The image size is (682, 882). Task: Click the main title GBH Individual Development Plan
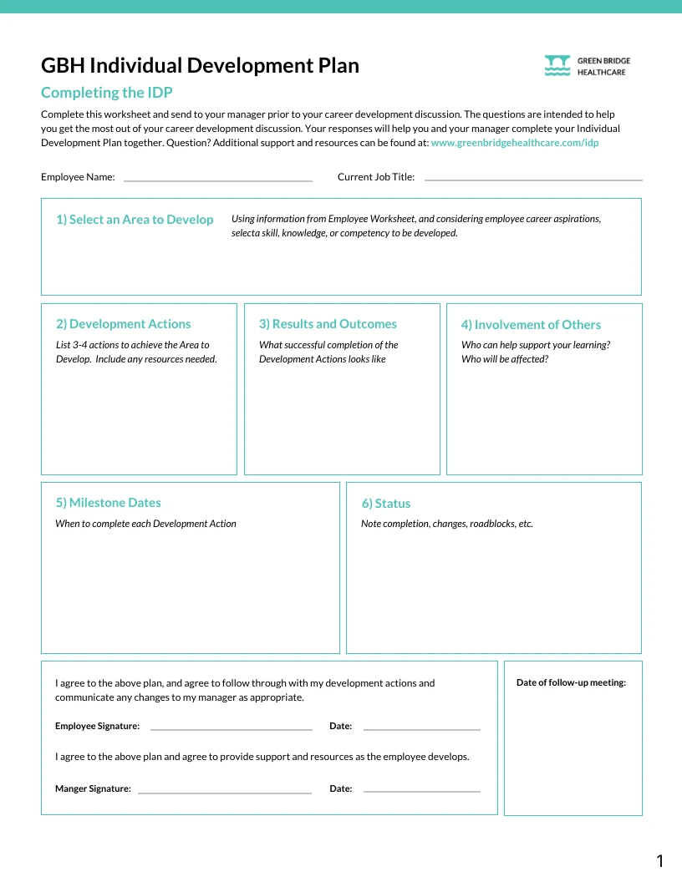[200, 65]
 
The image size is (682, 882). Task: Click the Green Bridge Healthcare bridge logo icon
[557, 66]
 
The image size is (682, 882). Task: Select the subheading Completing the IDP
[106, 93]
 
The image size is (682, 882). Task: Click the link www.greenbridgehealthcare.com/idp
[514, 143]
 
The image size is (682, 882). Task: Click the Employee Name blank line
[217, 180]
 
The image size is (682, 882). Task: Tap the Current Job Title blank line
[533, 179]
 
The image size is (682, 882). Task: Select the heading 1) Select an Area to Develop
[135, 220]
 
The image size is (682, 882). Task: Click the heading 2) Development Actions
[123, 324]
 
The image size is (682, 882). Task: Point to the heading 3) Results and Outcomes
[328, 324]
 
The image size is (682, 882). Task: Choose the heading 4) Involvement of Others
[531, 325]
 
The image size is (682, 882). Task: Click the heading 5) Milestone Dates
[108, 503]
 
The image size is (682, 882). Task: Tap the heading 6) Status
[385, 504]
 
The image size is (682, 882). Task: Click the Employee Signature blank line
[231, 728]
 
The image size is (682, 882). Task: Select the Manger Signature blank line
[224, 791]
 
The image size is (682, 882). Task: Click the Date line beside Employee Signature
[421, 728]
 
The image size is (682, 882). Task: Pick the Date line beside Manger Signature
[421, 791]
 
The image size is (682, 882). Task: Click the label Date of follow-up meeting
[571, 683]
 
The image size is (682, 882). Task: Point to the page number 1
[659, 861]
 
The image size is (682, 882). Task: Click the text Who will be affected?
[504, 359]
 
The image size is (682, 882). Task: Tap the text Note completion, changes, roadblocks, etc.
[446, 524]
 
